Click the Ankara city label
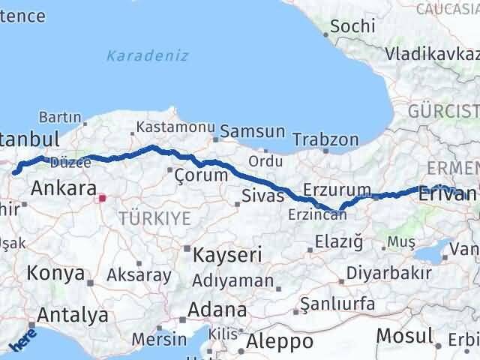click(x=64, y=188)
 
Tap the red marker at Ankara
click(x=103, y=199)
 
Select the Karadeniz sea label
click(x=147, y=55)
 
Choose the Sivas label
click(x=262, y=196)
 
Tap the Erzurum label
click(x=337, y=189)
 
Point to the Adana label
click(x=217, y=310)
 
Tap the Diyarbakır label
click(x=389, y=273)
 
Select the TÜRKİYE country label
click(x=154, y=218)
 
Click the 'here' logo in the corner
click(x=23, y=341)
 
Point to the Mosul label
click(x=404, y=335)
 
